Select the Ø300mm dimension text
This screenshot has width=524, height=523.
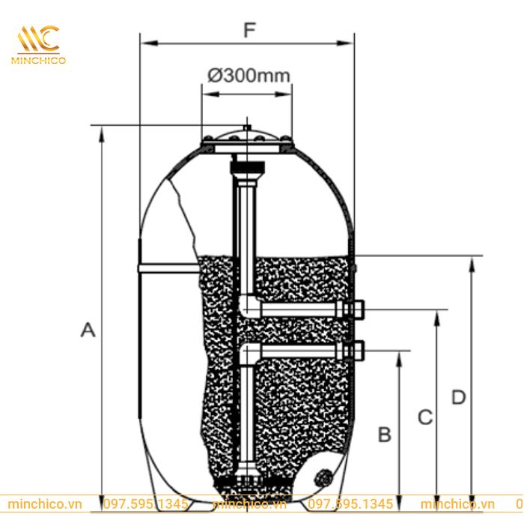[248, 76]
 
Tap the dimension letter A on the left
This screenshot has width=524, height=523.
[88, 329]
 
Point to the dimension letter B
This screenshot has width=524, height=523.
[384, 434]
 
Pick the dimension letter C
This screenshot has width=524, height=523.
[425, 417]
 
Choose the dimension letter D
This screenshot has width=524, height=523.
[459, 396]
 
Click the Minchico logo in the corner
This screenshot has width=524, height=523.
[38, 43]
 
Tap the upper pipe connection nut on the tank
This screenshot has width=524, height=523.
[357, 309]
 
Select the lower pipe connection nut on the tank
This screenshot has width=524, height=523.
[357, 349]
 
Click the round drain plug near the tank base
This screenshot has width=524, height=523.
[324, 476]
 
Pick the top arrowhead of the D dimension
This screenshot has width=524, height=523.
[471, 262]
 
